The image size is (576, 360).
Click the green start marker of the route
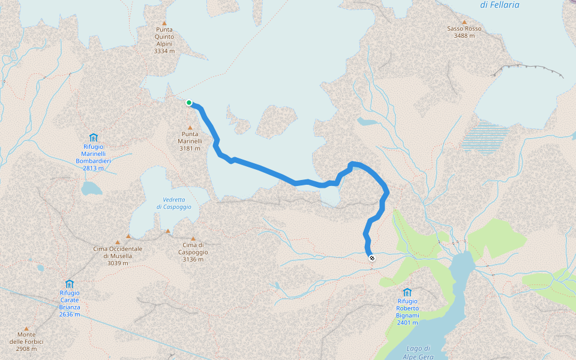coord(189,103)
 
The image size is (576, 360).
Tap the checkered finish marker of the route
coord(372,258)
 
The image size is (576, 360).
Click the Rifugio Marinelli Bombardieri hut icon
coord(93,137)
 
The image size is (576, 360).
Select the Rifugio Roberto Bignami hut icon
coord(407,292)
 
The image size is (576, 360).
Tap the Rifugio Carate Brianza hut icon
coord(70,284)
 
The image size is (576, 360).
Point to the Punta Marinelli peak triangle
coord(190,127)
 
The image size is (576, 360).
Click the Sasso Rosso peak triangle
coord(464,22)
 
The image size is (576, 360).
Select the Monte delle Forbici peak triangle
coord(26,328)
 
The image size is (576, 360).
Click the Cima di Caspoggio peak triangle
coord(193,238)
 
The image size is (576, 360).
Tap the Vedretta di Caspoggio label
coord(174,203)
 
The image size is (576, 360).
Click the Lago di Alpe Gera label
coord(418,352)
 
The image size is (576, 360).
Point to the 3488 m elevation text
coord(464,36)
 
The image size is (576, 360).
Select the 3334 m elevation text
coord(164,52)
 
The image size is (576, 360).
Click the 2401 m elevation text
coord(407,322)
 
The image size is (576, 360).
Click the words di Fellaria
coord(499,5)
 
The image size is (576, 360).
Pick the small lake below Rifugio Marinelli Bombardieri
coord(92,188)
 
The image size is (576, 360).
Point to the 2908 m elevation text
coord(26,349)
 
